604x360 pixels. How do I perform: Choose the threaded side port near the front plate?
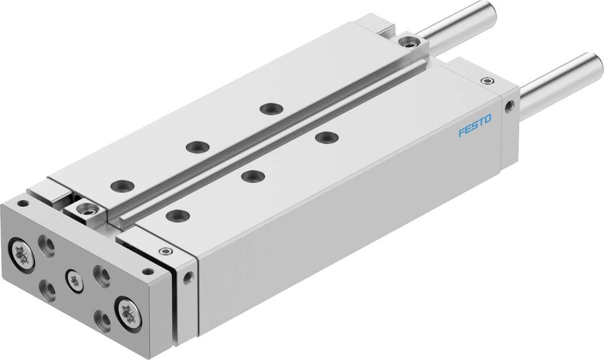(x=188, y=276)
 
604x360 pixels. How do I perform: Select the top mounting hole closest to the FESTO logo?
(x=326, y=137)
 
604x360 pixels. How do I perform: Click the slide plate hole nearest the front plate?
(x=121, y=185)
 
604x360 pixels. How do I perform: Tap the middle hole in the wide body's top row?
(x=249, y=175)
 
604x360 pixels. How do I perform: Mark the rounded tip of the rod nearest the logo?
(x=595, y=61)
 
